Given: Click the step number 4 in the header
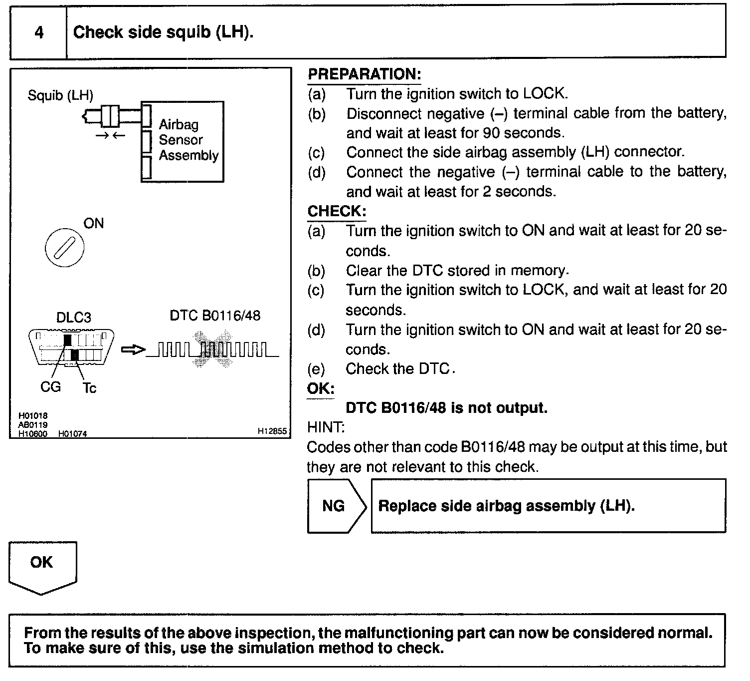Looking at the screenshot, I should tap(39, 33).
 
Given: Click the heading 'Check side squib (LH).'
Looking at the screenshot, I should tap(163, 32).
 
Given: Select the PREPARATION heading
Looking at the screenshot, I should tap(364, 74).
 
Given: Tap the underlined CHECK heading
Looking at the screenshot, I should tap(337, 211).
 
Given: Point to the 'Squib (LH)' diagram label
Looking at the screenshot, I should tap(60, 95).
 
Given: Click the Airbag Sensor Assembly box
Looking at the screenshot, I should tap(183, 141).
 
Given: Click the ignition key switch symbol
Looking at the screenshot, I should tap(64, 248).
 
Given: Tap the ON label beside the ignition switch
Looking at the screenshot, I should tap(93, 223).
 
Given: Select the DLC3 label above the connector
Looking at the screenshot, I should tap(73, 318).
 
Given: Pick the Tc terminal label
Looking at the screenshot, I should tap(89, 387).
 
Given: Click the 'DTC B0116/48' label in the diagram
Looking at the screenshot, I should tap(215, 316).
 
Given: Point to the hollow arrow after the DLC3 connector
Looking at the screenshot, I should tap(133, 350).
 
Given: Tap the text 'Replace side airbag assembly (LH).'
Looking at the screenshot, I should tap(506, 506).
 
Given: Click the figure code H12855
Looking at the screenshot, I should tap(272, 431).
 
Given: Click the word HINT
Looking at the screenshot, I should tap(326, 427).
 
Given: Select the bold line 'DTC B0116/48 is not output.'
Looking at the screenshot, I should tap(446, 408).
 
